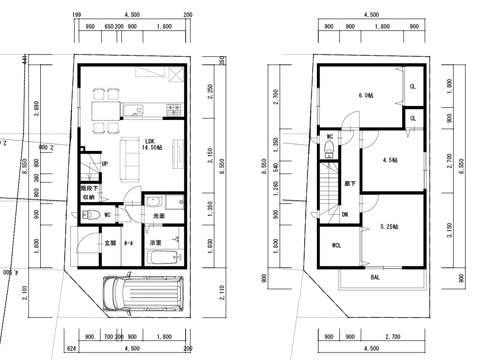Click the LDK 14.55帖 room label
pos(152,144)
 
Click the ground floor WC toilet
pos(91,215)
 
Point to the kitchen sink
pos(134,110)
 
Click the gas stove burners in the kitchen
pos(173,110)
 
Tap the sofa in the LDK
pos(131,159)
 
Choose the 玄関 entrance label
pos(110,243)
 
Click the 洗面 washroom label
pos(159,216)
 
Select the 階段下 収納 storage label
pos(89,193)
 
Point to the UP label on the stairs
pos(105,164)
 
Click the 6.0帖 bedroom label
pos(366,96)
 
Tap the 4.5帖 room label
pos(390,160)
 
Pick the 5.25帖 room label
pos(389,227)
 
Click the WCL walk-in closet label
pos(337,246)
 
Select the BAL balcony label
pos(375,277)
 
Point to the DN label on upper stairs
pos(345,214)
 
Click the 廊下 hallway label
pos(350,184)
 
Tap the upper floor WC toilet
pos(329,149)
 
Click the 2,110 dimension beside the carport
pos(222,293)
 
